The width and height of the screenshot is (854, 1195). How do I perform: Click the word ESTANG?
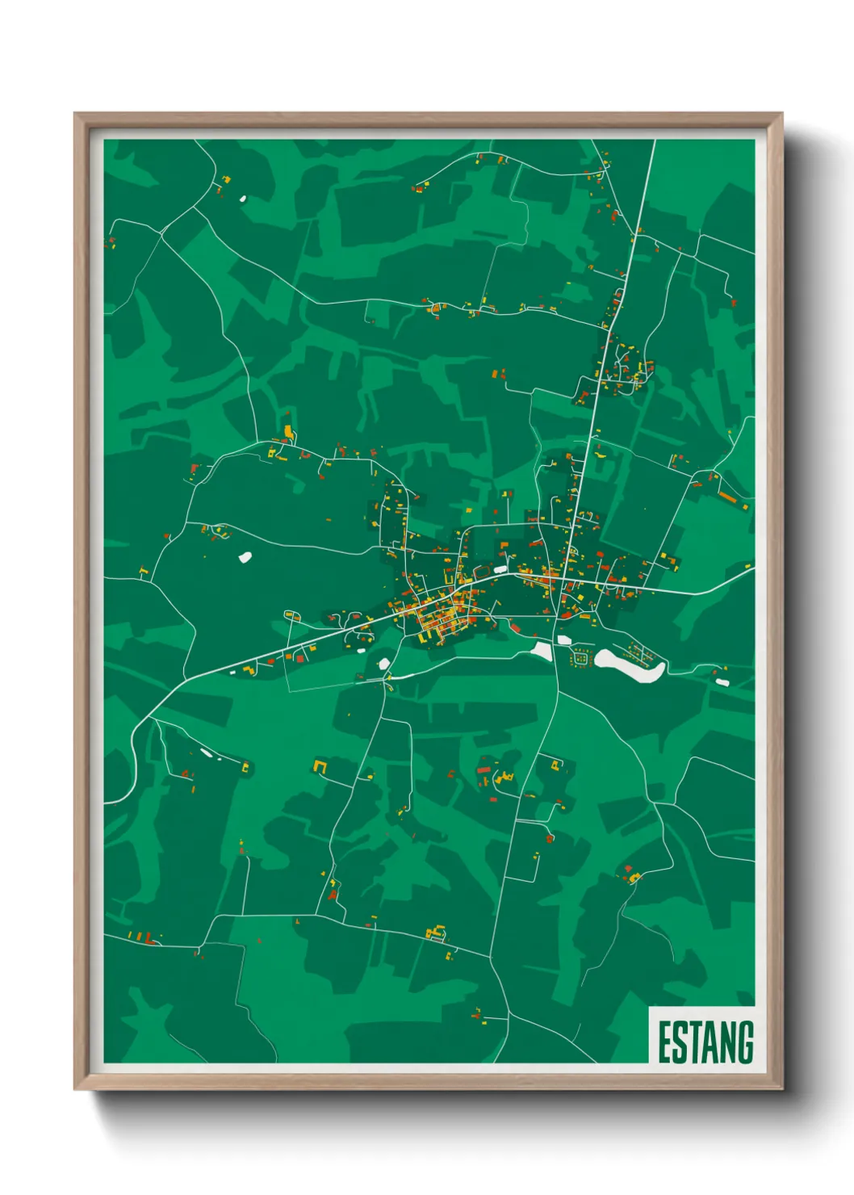(705, 1042)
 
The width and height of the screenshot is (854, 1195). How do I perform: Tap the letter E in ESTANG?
(664, 1042)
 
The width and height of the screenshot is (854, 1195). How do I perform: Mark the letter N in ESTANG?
(727, 1042)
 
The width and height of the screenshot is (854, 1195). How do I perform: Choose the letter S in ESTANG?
(679, 1042)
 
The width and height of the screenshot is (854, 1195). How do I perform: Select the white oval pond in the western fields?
(245, 556)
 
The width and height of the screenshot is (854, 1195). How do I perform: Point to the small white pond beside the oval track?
(541, 651)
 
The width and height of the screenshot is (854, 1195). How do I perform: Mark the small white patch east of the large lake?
(722, 682)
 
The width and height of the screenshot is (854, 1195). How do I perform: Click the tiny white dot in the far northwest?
(242, 198)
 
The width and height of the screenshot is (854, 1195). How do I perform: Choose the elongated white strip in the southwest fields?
(207, 753)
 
